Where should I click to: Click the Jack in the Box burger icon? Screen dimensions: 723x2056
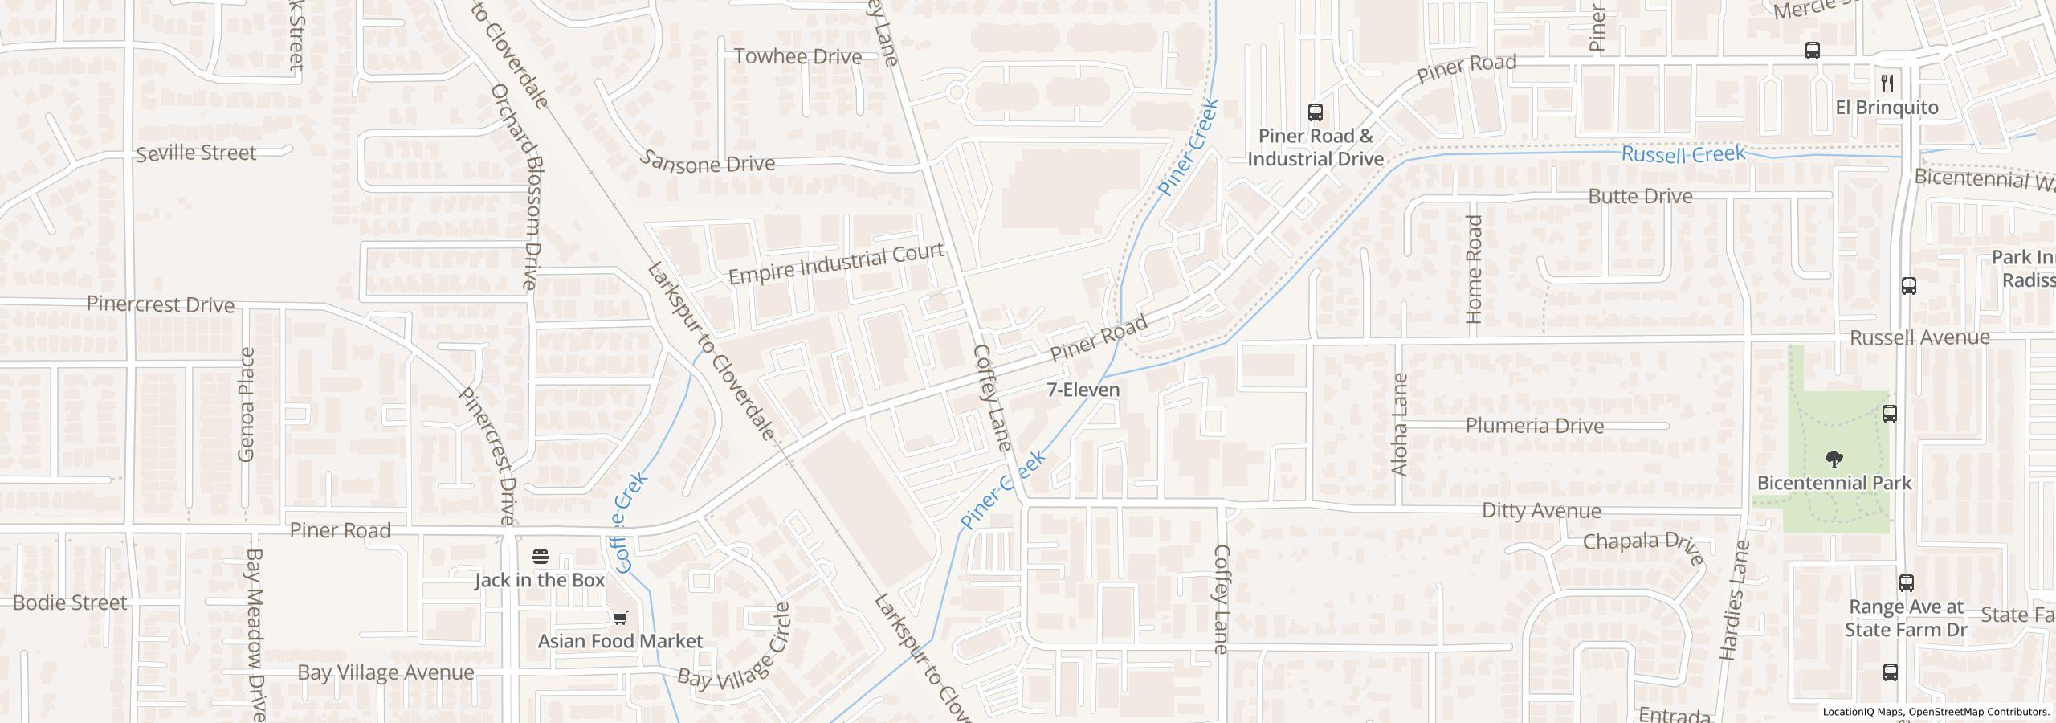(x=541, y=557)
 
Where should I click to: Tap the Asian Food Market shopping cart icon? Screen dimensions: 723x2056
(x=620, y=618)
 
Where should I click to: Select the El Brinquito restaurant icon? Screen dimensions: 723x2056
(x=1887, y=83)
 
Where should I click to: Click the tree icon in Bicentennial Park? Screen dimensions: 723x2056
(x=1834, y=460)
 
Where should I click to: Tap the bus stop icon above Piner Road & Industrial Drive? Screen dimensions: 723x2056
(x=1315, y=112)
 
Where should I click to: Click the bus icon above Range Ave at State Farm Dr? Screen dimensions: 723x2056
(x=1906, y=583)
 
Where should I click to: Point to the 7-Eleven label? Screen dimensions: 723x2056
(x=1083, y=390)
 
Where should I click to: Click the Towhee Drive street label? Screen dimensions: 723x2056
(x=798, y=57)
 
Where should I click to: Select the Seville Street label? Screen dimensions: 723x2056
(x=196, y=153)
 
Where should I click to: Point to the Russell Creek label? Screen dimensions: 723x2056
(x=1683, y=153)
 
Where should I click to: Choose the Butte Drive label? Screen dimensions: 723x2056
(x=1640, y=196)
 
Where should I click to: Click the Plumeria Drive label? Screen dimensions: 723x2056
(x=1534, y=426)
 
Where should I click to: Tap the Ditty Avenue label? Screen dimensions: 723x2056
(x=1540, y=511)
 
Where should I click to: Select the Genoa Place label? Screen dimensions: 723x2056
(x=247, y=404)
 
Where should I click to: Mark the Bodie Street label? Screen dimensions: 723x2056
(x=70, y=602)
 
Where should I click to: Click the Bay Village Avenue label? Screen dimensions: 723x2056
(x=385, y=672)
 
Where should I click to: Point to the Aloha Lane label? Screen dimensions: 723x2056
(x=1399, y=424)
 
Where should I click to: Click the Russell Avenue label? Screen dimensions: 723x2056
(x=1919, y=337)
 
